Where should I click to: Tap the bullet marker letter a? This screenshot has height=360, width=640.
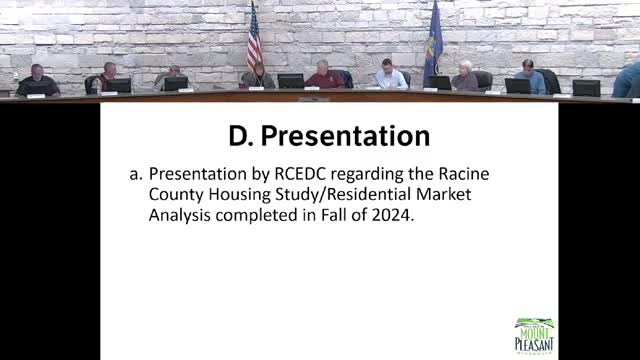(x=135, y=174)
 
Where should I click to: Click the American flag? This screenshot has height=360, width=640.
(x=253, y=40)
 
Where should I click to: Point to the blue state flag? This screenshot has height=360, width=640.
(x=432, y=45)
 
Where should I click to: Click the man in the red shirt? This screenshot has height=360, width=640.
(x=324, y=75)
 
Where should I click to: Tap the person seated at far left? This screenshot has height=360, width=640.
(x=36, y=81)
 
